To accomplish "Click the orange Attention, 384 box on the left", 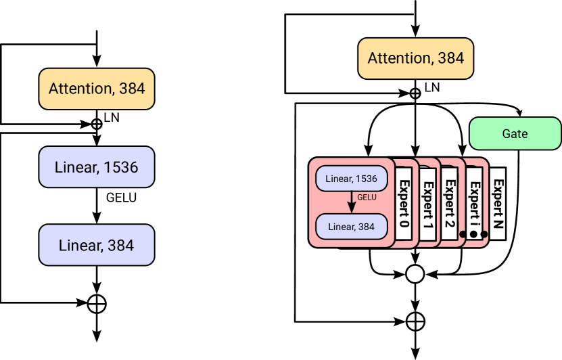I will (x=97, y=89).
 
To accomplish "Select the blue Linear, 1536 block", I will (x=97, y=167).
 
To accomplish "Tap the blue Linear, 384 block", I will (x=97, y=245).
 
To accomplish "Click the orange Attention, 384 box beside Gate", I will (x=415, y=58).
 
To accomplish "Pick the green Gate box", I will (x=515, y=133).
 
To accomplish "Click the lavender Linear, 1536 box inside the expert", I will (x=351, y=179).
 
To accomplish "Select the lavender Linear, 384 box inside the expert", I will (x=351, y=227).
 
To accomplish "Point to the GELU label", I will (x=367, y=198).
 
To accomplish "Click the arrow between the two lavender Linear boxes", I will (x=352, y=202).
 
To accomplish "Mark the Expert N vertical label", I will (x=498, y=204).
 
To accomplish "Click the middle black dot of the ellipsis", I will (x=473, y=234).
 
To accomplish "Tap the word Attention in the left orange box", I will (x=80, y=89).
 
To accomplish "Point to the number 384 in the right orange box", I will (x=450, y=58).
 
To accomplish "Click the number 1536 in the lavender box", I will (x=366, y=179).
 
